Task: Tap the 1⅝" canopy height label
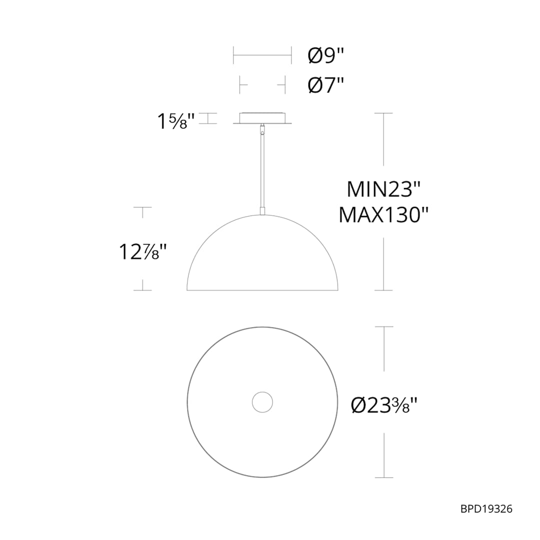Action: pyautogui.click(x=172, y=121)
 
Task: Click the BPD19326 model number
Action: pyautogui.click(x=486, y=509)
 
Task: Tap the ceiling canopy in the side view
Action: pyautogui.click(x=262, y=118)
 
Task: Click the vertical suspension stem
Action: pyautogui.click(x=262, y=170)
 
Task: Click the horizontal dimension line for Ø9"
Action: pyautogui.click(x=262, y=56)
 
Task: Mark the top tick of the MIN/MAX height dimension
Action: pyautogui.click(x=383, y=113)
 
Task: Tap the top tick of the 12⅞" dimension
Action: pyautogui.click(x=142, y=206)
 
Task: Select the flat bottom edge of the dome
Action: pyautogui.click(x=262, y=290)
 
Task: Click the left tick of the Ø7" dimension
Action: pyautogui.click(x=240, y=85)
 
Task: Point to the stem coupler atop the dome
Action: pyautogui.click(x=262, y=210)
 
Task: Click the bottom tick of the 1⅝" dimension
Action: pyautogui.click(x=208, y=123)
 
